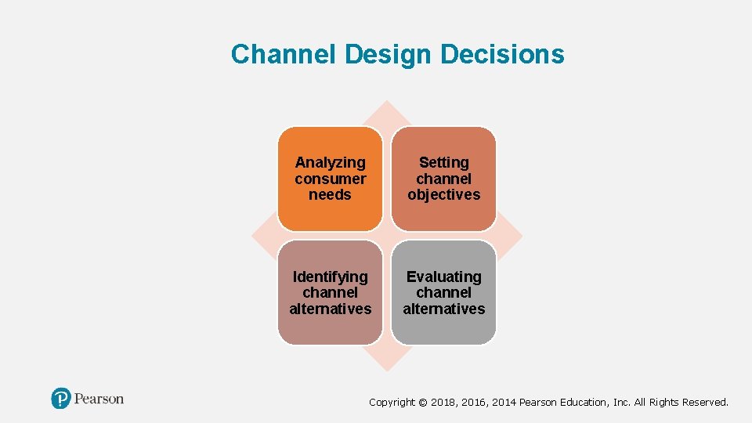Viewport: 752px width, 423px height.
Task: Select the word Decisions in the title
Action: tap(502, 54)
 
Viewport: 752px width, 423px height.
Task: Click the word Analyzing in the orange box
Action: tap(330, 163)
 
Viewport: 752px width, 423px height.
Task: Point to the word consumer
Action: tap(330, 179)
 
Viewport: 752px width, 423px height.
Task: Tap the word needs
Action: tap(330, 194)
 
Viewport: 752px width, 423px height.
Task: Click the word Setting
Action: tap(443, 163)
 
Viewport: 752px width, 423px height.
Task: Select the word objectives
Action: tap(443, 194)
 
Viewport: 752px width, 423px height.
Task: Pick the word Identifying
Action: tap(330, 277)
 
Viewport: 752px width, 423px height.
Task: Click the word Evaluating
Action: tap(443, 277)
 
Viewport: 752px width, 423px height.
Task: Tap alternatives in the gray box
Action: tap(443, 309)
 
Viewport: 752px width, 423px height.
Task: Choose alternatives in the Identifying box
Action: tap(330, 309)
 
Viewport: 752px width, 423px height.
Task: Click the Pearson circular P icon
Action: tap(61, 399)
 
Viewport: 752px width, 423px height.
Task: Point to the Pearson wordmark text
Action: tap(99, 399)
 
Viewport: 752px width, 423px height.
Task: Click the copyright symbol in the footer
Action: tap(423, 403)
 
